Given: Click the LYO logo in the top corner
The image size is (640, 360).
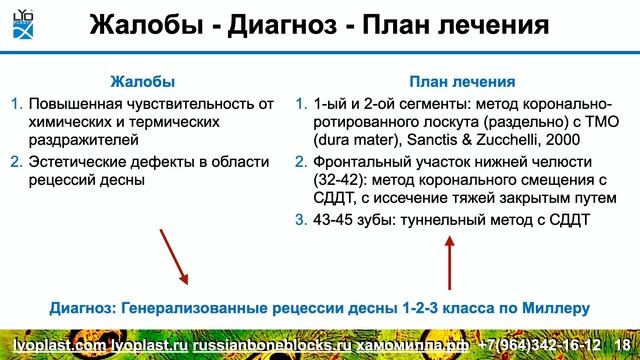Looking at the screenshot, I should pos(21,21).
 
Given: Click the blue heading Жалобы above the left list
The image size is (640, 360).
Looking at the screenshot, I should pos(141,81).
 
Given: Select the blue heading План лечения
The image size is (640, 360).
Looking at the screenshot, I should pos(464,81).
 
